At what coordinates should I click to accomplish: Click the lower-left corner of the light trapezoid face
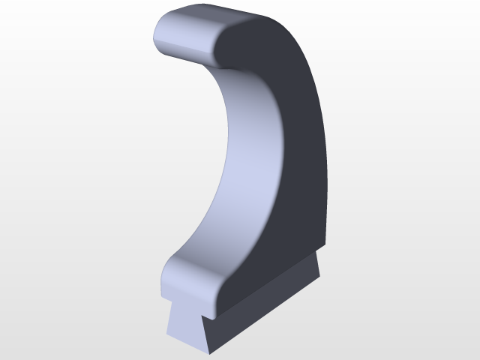166,334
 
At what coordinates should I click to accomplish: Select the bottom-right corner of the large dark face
327,245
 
